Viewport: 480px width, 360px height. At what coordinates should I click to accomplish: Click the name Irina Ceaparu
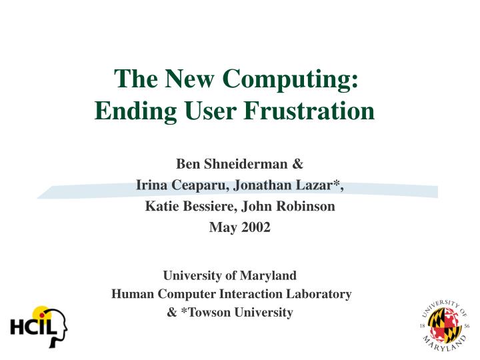(x=176, y=185)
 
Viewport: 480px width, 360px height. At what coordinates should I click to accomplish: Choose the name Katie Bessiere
(x=189, y=207)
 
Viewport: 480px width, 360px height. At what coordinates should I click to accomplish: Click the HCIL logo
(x=39, y=326)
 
